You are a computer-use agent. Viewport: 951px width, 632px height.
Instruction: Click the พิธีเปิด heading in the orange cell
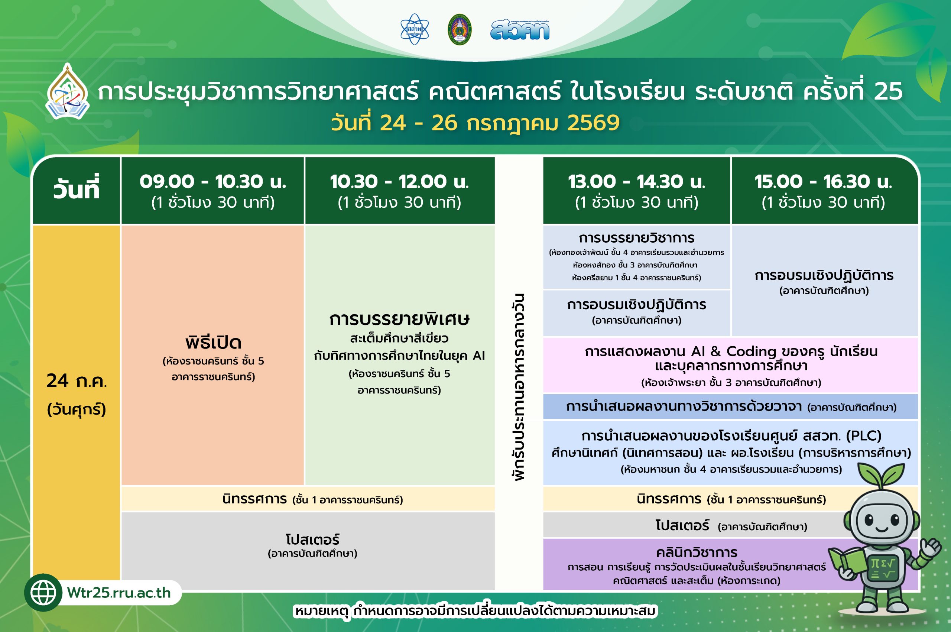[x=213, y=343]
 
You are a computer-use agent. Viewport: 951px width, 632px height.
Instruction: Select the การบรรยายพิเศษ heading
[x=399, y=319]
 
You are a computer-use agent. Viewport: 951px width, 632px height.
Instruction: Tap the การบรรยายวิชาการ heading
[x=637, y=238]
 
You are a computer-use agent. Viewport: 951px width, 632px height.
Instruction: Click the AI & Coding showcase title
[x=731, y=358]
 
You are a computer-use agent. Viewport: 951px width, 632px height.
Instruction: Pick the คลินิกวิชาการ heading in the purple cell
[x=697, y=552]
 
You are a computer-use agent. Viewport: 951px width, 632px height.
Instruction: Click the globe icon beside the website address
[x=43, y=593]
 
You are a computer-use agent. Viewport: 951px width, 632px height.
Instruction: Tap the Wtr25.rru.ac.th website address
[x=119, y=593]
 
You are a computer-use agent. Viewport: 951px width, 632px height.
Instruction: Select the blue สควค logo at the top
[x=520, y=30]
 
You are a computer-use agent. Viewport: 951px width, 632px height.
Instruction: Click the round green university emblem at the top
[x=460, y=29]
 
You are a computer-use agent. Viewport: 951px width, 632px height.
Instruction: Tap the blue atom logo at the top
[x=415, y=29]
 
